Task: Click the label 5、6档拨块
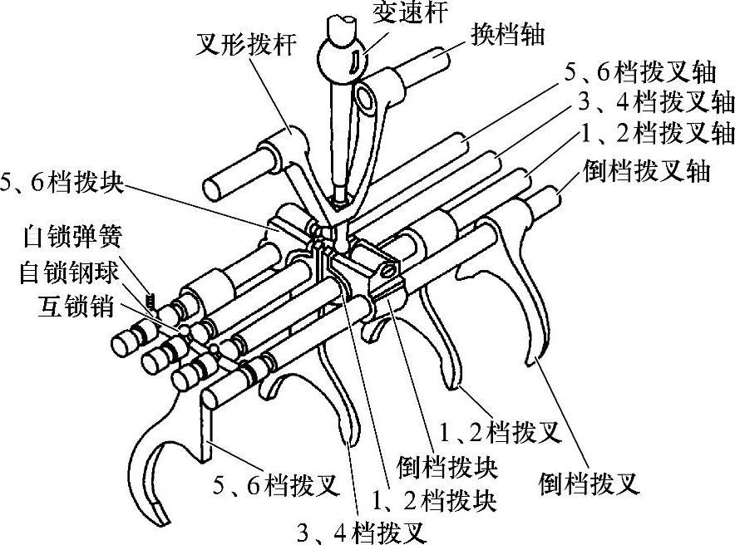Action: (x=63, y=184)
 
